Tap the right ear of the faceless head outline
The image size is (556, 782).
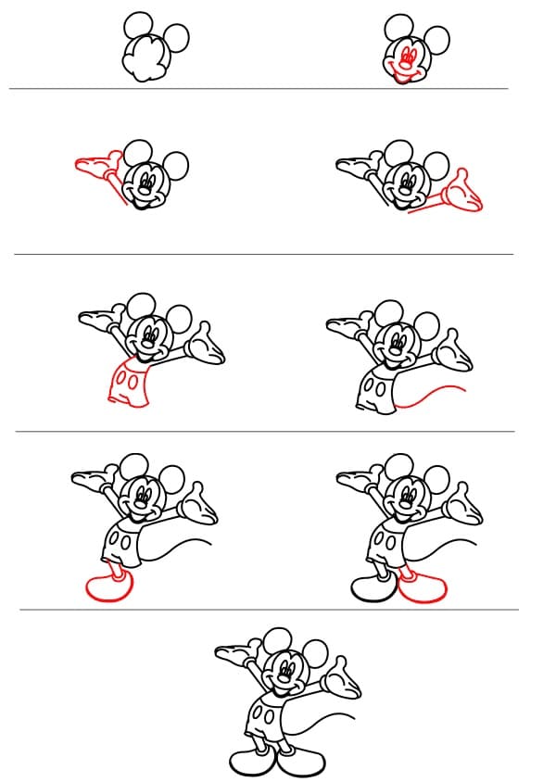175,37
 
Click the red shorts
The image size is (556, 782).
128,382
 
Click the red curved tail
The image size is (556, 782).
432,395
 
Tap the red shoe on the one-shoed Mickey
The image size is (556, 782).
108,586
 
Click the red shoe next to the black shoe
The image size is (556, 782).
424,586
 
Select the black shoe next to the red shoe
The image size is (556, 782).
373,586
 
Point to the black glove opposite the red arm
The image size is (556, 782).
354,167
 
